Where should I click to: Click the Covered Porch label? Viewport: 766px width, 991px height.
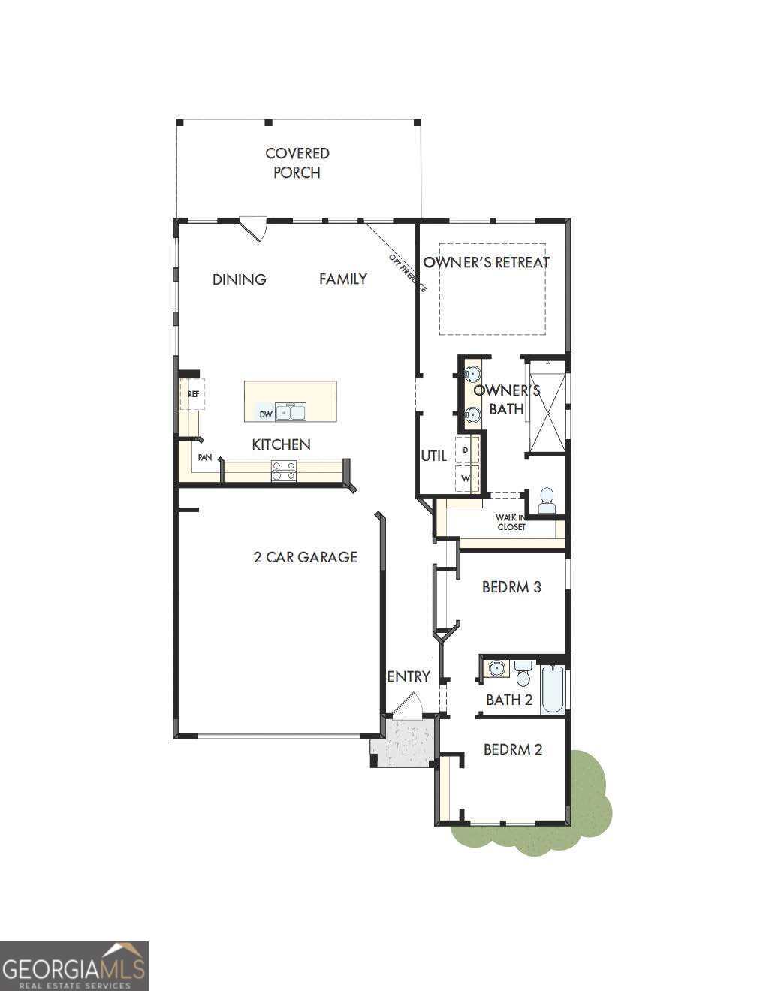coord(297,163)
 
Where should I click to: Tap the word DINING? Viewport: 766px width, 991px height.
coord(239,279)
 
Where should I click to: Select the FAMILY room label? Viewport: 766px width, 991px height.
coord(343,279)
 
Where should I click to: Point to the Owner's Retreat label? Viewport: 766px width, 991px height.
coord(486,262)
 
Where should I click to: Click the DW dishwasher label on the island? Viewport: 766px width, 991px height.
coord(265,414)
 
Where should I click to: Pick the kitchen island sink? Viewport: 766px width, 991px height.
coord(291,411)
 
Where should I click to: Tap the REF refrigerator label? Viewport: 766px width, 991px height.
coord(193,393)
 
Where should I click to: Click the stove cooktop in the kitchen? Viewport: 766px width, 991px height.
coord(284,471)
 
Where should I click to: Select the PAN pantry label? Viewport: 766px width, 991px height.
coord(204,457)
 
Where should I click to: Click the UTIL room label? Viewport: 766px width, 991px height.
coord(433,456)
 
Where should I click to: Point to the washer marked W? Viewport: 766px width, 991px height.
coord(466,477)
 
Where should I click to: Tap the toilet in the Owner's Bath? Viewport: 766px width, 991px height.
coord(547,502)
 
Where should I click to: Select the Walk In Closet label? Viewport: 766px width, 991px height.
coord(511,522)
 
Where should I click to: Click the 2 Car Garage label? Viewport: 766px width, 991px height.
coord(305,557)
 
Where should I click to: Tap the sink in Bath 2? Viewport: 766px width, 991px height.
coord(496,667)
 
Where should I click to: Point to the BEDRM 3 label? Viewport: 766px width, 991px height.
coord(511,586)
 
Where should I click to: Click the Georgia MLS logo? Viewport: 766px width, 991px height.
coord(74,966)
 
